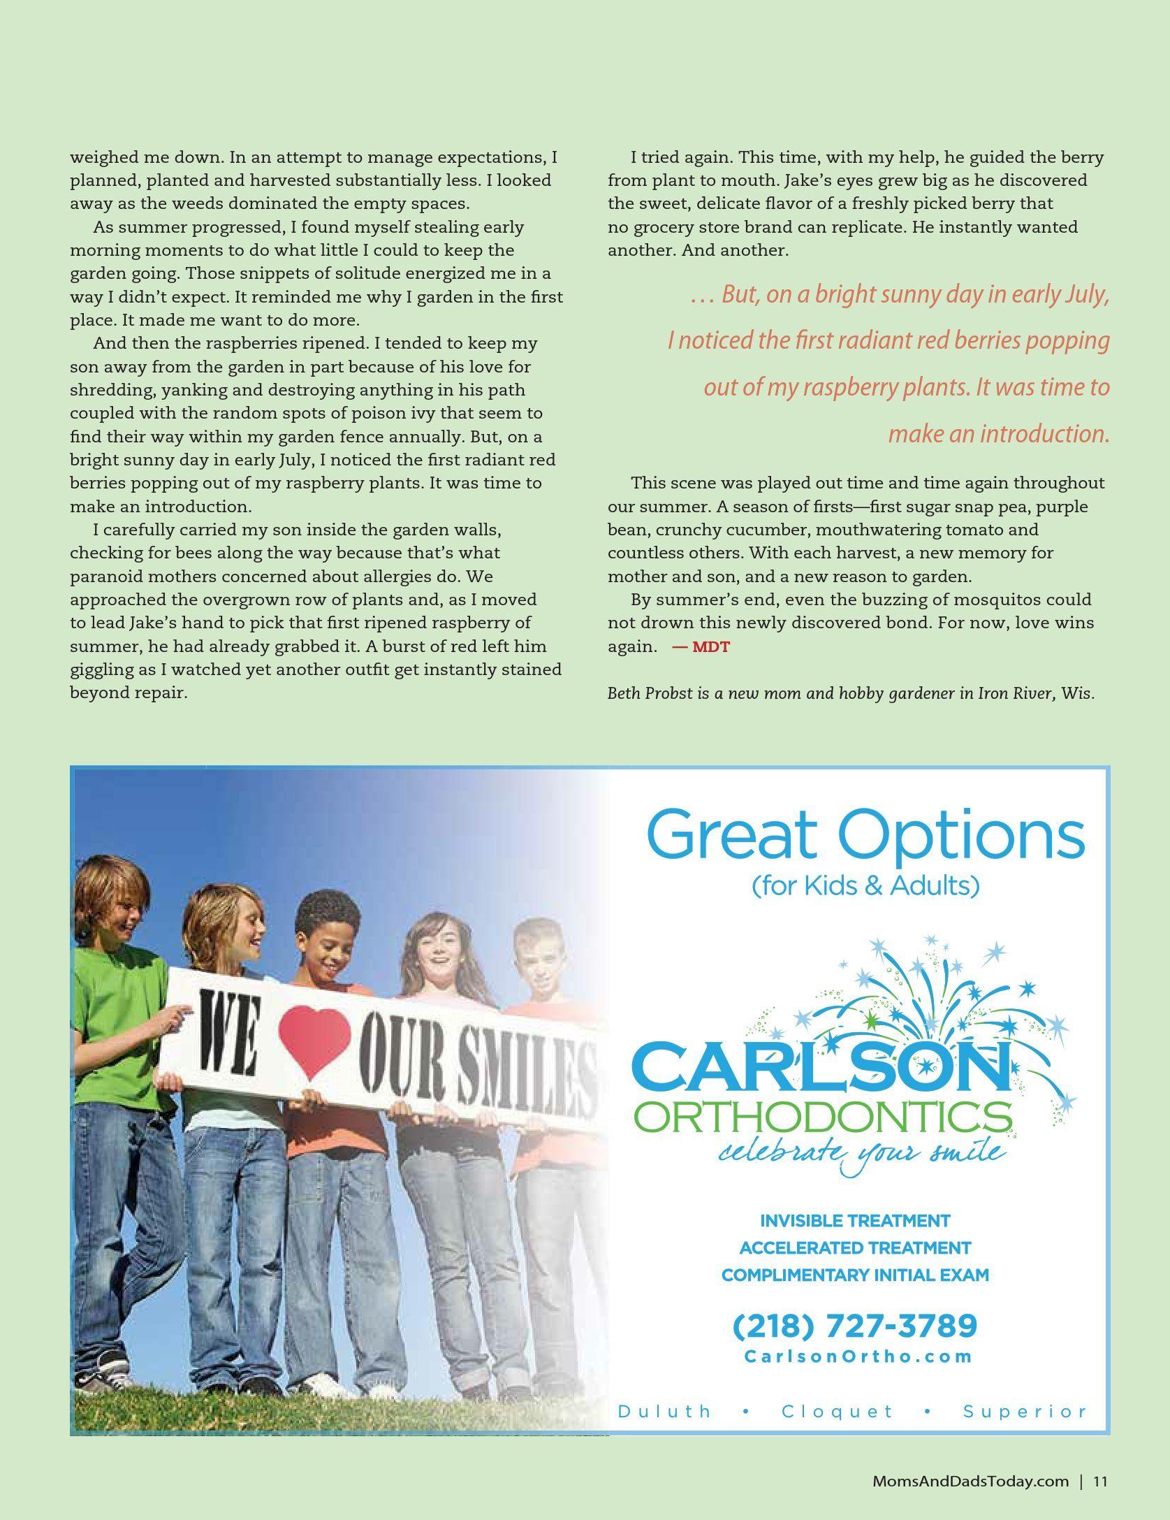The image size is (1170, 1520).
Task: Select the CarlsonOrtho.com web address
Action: [x=858, y=1356]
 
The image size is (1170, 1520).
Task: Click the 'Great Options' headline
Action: [x=865, y=834]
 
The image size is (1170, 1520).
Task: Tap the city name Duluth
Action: [x=664, y=1411]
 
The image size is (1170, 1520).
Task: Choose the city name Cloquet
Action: [x=838, y=1411]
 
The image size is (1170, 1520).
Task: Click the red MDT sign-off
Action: [x=701, y=647]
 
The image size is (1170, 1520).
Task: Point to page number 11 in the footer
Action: [x=1101, y=1481]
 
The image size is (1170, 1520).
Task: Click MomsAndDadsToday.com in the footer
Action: [x=970, y=1481]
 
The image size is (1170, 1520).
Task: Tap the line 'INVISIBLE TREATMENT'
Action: [x=855, y=1221]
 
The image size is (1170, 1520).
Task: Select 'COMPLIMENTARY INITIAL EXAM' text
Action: [x=855, y=1275]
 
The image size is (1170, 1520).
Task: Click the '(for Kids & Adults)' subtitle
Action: [x=865, y=885]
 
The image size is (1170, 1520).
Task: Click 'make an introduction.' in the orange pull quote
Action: [x=998, y=434]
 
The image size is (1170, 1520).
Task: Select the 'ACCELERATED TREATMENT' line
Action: [x=855, y=1247]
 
